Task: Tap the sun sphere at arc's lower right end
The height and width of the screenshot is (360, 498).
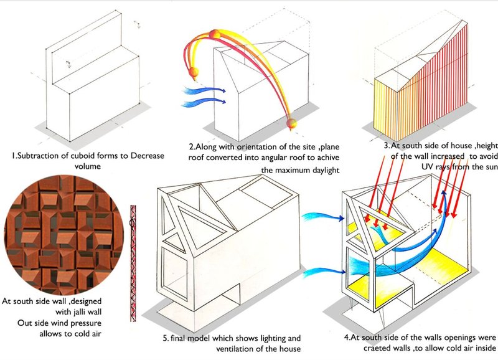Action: [290, 125]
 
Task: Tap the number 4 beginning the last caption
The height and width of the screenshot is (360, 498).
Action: [347, 337]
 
